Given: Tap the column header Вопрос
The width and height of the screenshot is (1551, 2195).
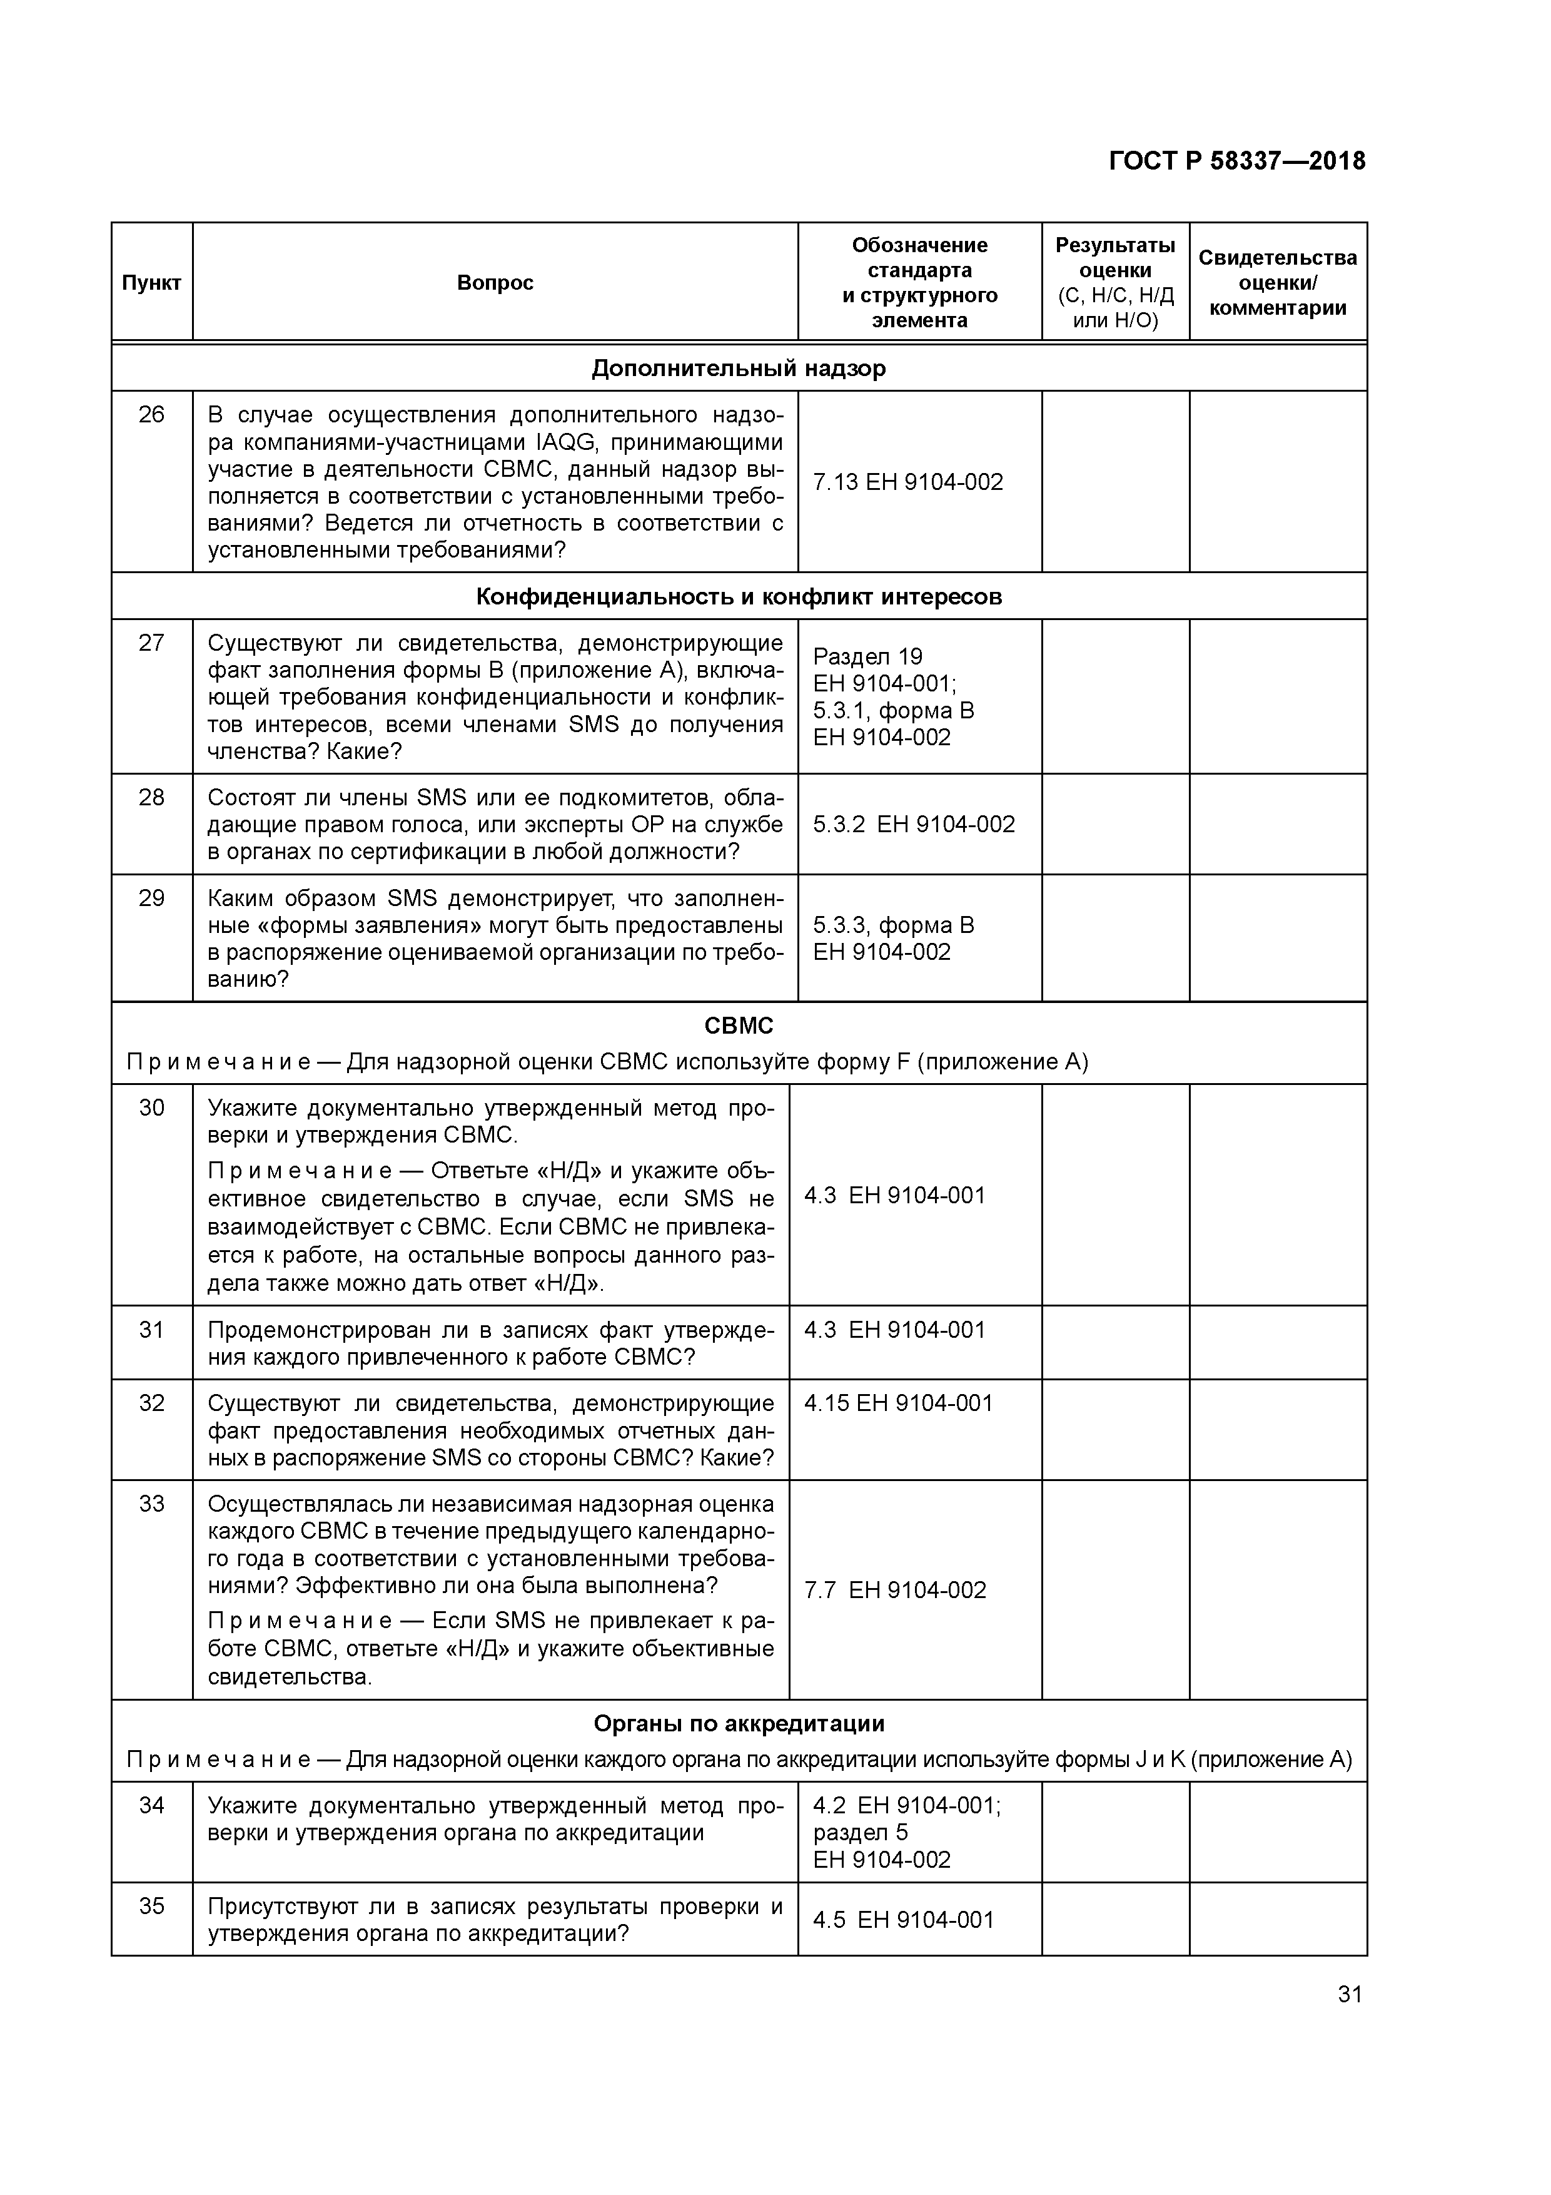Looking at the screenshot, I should click(x=495, y=283).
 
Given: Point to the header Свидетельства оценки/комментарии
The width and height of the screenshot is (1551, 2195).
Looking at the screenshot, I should click(x=1278, y=283).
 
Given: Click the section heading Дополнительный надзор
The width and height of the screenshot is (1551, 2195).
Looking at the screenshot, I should click(x=739, y=368).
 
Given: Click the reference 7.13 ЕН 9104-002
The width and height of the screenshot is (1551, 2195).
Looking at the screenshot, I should click(x=908, y=482).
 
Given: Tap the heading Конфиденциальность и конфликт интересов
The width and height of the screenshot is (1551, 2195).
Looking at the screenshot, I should click(x=739, y=596).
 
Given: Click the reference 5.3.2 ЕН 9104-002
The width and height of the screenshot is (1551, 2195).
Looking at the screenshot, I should click(x=914, y=824).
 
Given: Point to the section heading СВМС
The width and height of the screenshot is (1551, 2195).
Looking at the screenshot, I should click(x=739, y=1026).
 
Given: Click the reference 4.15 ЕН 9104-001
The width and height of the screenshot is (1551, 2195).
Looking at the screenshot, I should click(x=898, y=1403).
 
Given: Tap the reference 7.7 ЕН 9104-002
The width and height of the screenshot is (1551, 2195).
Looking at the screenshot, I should click(x=894, y=1590).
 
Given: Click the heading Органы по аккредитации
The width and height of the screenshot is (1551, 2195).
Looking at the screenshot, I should click(x=739, y=1724).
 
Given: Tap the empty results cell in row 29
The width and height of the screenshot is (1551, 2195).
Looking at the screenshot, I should click(x=1114, y=938).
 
